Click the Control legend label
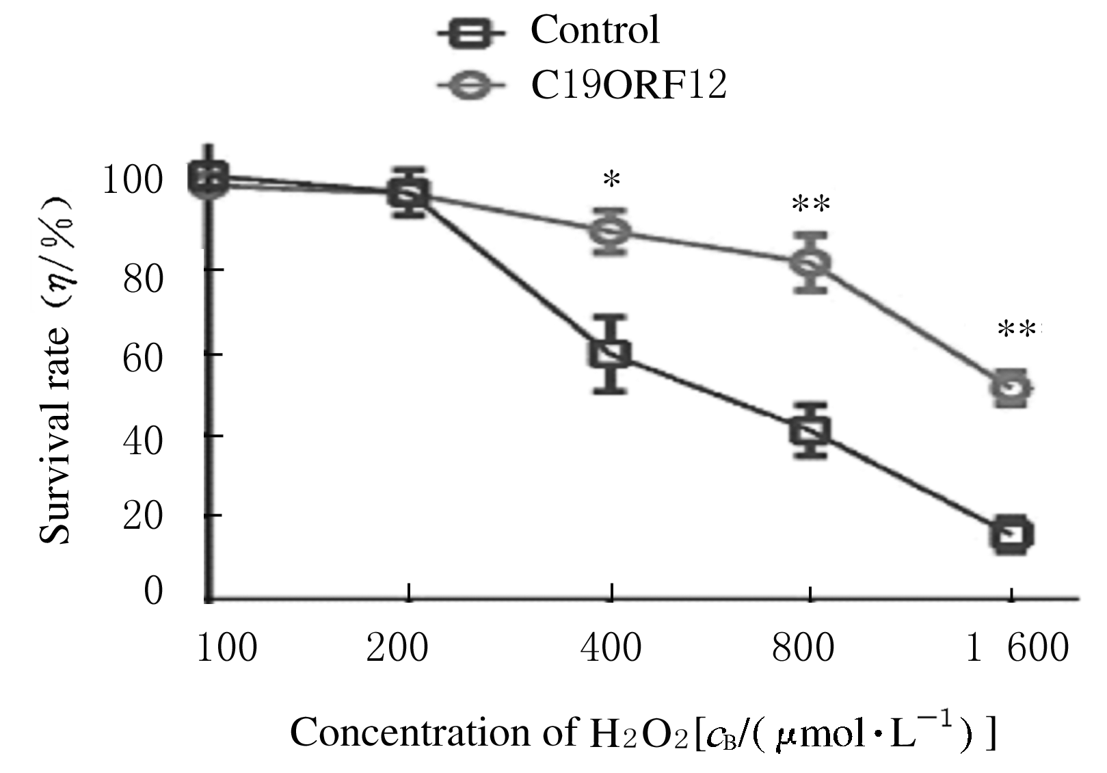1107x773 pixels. (x=595, y=29)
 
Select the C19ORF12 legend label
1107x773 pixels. (x=628, y=87)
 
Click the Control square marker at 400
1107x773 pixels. (x=611, y=354)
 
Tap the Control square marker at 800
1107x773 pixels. (x=810, y=430)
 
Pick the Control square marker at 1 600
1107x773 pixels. (x=1012, y=534)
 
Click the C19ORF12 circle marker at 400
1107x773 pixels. (x=611, y=231)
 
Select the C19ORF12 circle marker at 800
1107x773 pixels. (x=811, y=262)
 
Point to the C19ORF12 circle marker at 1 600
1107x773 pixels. (x=1012, y=388)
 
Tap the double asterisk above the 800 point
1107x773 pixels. (x=810, y=205)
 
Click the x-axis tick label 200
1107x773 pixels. (x=397, y=648)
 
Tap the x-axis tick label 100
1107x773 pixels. (x=226, y=648)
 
